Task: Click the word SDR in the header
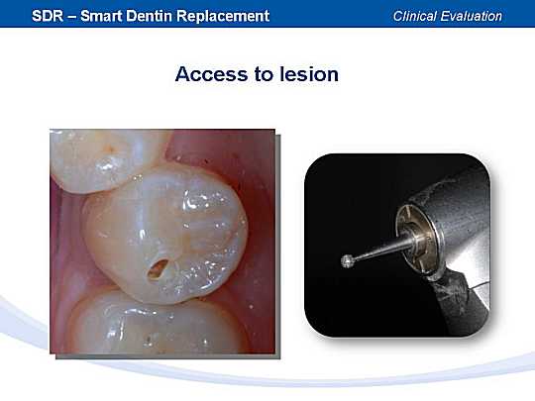tap(48, 16)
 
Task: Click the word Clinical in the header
tap(413, 16)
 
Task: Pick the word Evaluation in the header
tap(471, 16)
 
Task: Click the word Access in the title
tap(212, 74)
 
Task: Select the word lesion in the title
tap(309, 73)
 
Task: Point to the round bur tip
tap(348, 261)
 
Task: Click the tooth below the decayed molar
tap(154, 324)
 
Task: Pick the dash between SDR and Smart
tap(72, 17)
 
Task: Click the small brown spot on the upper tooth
tap(110, 148)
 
